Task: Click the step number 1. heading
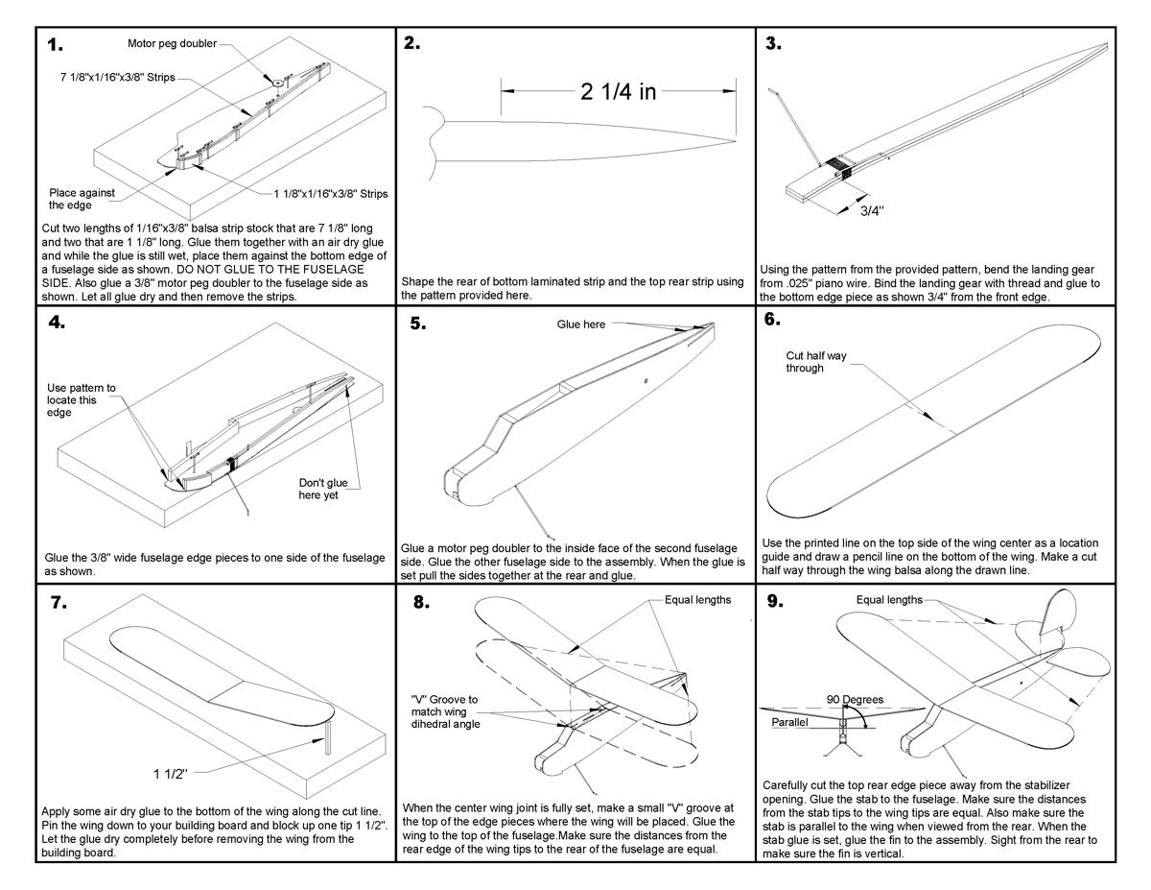[x=56, y=46]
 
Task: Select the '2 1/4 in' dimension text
[x=619, y=91]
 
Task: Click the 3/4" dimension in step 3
[x=870, y=211]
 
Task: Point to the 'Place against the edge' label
[x=82, y=199]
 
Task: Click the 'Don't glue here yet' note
[x=318, y=489]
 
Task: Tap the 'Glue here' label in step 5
[x=581, y=325]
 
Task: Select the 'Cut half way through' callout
[x=816, y=362]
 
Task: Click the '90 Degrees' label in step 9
[x=856, y=699]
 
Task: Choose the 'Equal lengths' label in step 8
[x=697, y=600]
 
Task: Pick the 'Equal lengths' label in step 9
[x=889, y=600]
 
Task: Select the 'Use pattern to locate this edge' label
[x=82, y=400]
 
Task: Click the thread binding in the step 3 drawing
[x=836, y=167]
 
